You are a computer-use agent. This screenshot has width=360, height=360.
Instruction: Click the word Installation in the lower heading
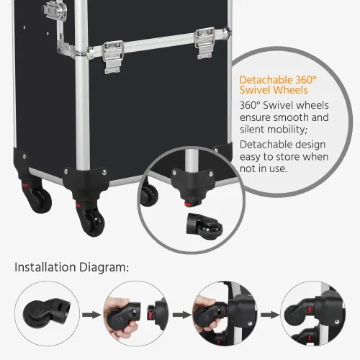pyautogui.click(x=45, y=267)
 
